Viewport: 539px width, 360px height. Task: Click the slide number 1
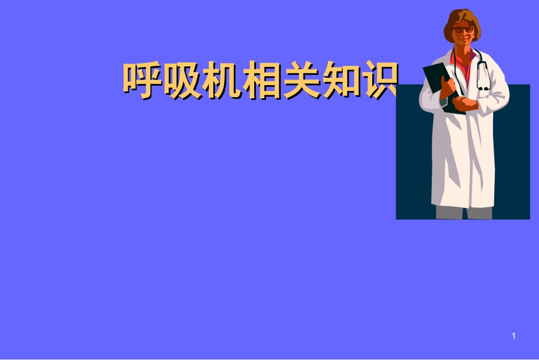tap(513, 337)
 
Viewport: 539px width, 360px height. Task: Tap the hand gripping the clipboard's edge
tap(449, 85)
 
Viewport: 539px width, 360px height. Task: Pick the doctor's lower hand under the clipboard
tap(466, 104)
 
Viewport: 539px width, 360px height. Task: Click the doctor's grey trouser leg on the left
tap(448, 213)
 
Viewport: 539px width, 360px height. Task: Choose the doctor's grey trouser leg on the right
tap(479, 213)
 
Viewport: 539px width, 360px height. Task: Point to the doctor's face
tap(464, 35)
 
